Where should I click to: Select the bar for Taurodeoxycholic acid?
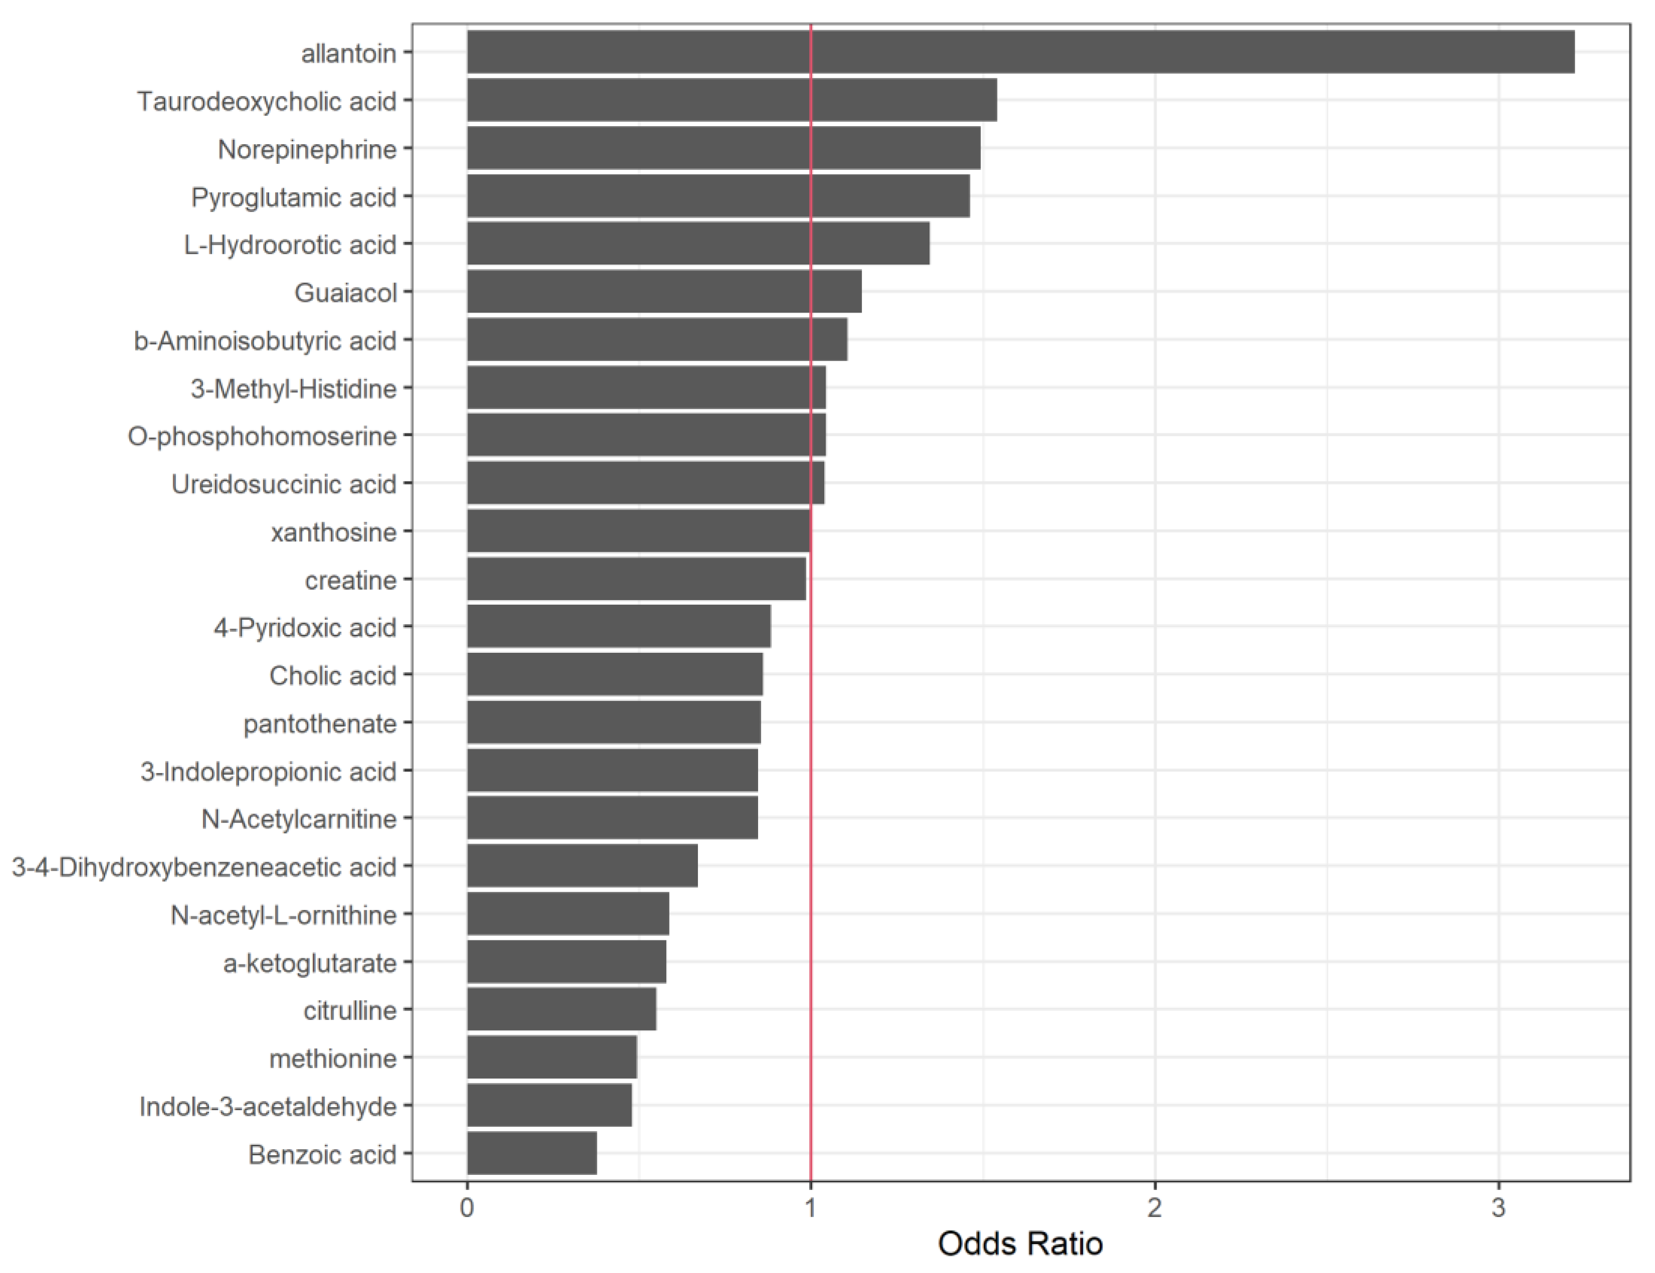[731, 100]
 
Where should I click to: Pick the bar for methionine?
[552, 1058]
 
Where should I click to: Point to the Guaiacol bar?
[664, 292]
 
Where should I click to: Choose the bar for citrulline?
[562, 1010]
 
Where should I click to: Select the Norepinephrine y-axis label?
[307, 149]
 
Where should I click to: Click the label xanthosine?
[333, 532]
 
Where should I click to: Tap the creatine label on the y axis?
[351, 581]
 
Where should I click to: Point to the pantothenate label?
[320, 723]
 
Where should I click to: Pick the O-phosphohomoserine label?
[262, 436]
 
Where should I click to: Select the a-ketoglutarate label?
[310, 963]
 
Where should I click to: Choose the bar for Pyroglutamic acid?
[718, 196]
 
